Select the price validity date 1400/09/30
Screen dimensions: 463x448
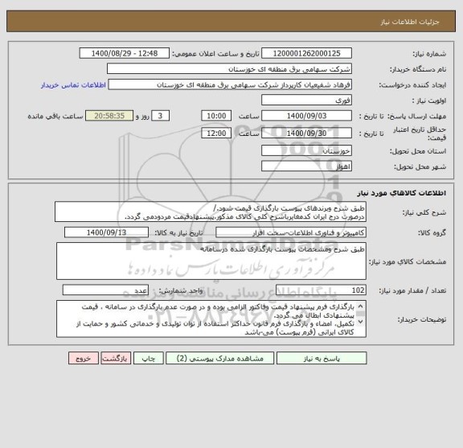point(311,133)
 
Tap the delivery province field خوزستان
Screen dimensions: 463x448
point(311,150)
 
